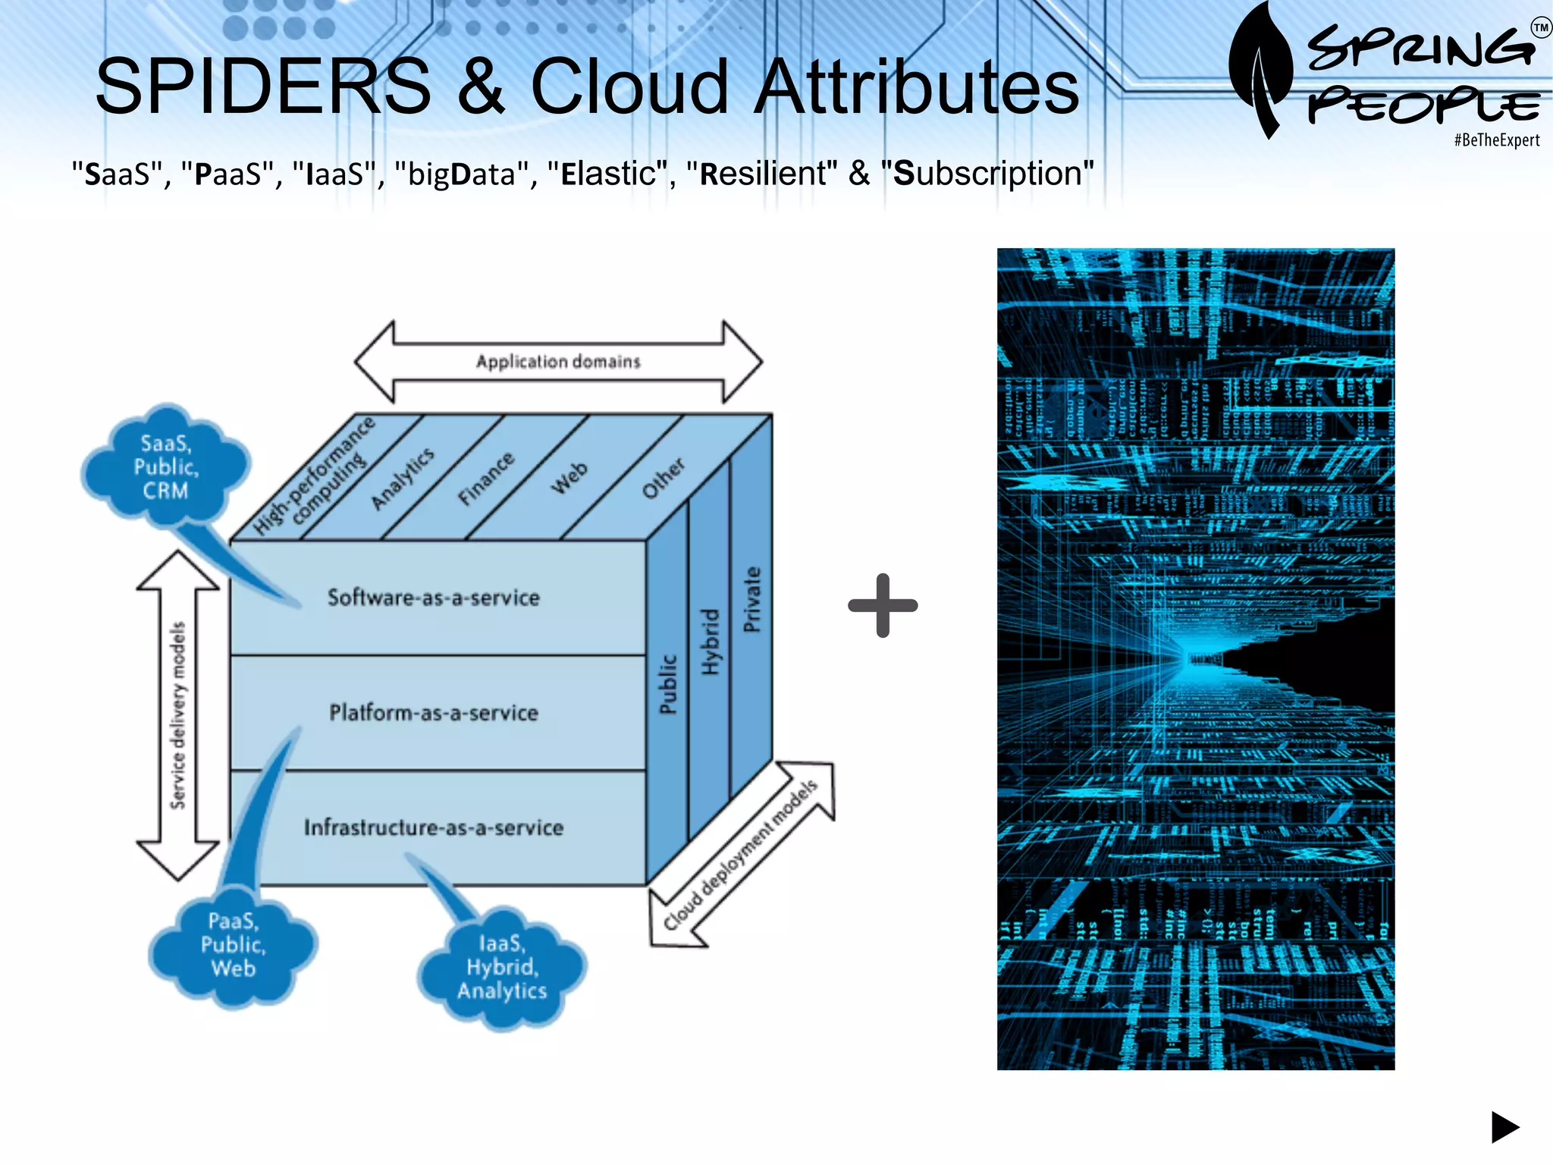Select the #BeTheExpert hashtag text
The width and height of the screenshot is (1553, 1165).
click(1496, 140)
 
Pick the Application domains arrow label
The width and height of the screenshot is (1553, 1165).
click(558, 362)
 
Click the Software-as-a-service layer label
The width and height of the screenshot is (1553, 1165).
click(433, 598)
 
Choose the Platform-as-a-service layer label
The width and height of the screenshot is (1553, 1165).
click(433, 713)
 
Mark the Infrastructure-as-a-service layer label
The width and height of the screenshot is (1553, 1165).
click(433, 827)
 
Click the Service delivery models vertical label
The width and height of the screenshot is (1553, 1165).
click(177, 715)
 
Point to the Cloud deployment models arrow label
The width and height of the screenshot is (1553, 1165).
click(741, 854)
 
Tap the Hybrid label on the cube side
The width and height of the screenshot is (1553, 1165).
click(710, 642)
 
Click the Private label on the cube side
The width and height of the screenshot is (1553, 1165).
click(751, 599)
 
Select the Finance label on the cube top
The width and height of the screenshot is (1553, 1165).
click(486, 479)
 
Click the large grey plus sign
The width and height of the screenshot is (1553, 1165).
click(883, 605)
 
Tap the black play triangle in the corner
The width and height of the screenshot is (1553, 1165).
click(1504, 1127)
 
